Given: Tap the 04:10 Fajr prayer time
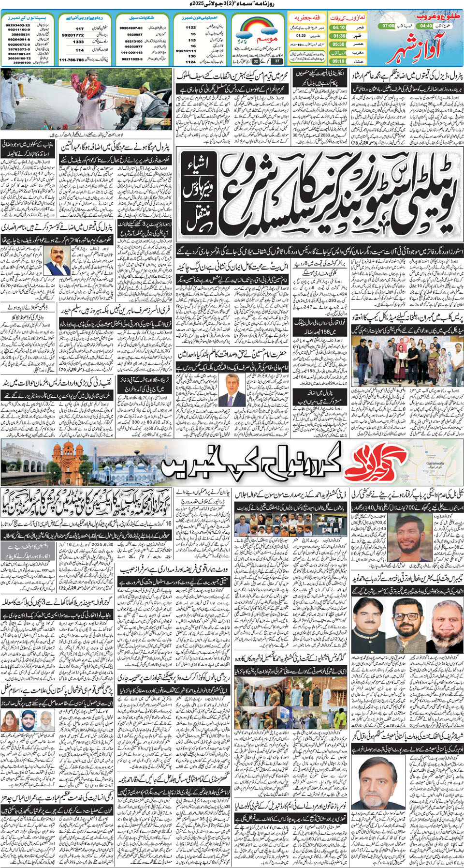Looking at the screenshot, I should pos(338,28).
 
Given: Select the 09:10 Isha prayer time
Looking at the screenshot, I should pos(338,61).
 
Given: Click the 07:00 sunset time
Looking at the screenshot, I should pos(388,26).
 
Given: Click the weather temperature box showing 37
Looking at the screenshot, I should pos(276,61).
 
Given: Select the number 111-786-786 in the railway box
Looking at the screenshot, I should pos(71,60).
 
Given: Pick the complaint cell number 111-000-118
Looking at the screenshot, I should pos(131,52).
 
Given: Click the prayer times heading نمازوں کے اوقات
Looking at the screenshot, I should pos(348,17).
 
